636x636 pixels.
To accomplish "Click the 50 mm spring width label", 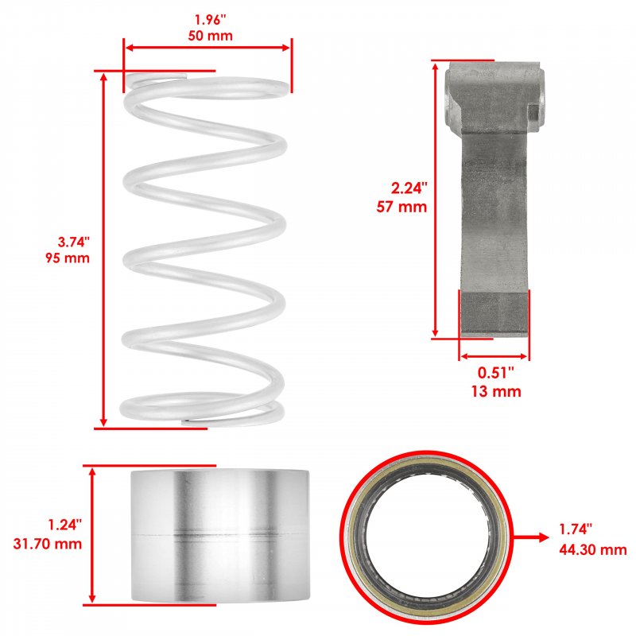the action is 210,36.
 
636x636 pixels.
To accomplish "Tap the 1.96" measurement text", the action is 210,19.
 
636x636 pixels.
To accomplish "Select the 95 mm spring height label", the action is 68,258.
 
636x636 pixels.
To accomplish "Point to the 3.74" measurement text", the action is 73,242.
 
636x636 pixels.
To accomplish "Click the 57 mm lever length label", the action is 401,207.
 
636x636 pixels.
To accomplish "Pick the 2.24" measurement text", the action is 409,188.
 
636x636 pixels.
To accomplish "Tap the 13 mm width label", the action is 495,391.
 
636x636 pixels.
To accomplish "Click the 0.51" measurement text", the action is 495,373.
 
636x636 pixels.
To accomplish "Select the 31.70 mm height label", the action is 48,544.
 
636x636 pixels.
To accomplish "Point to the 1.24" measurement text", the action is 65,525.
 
